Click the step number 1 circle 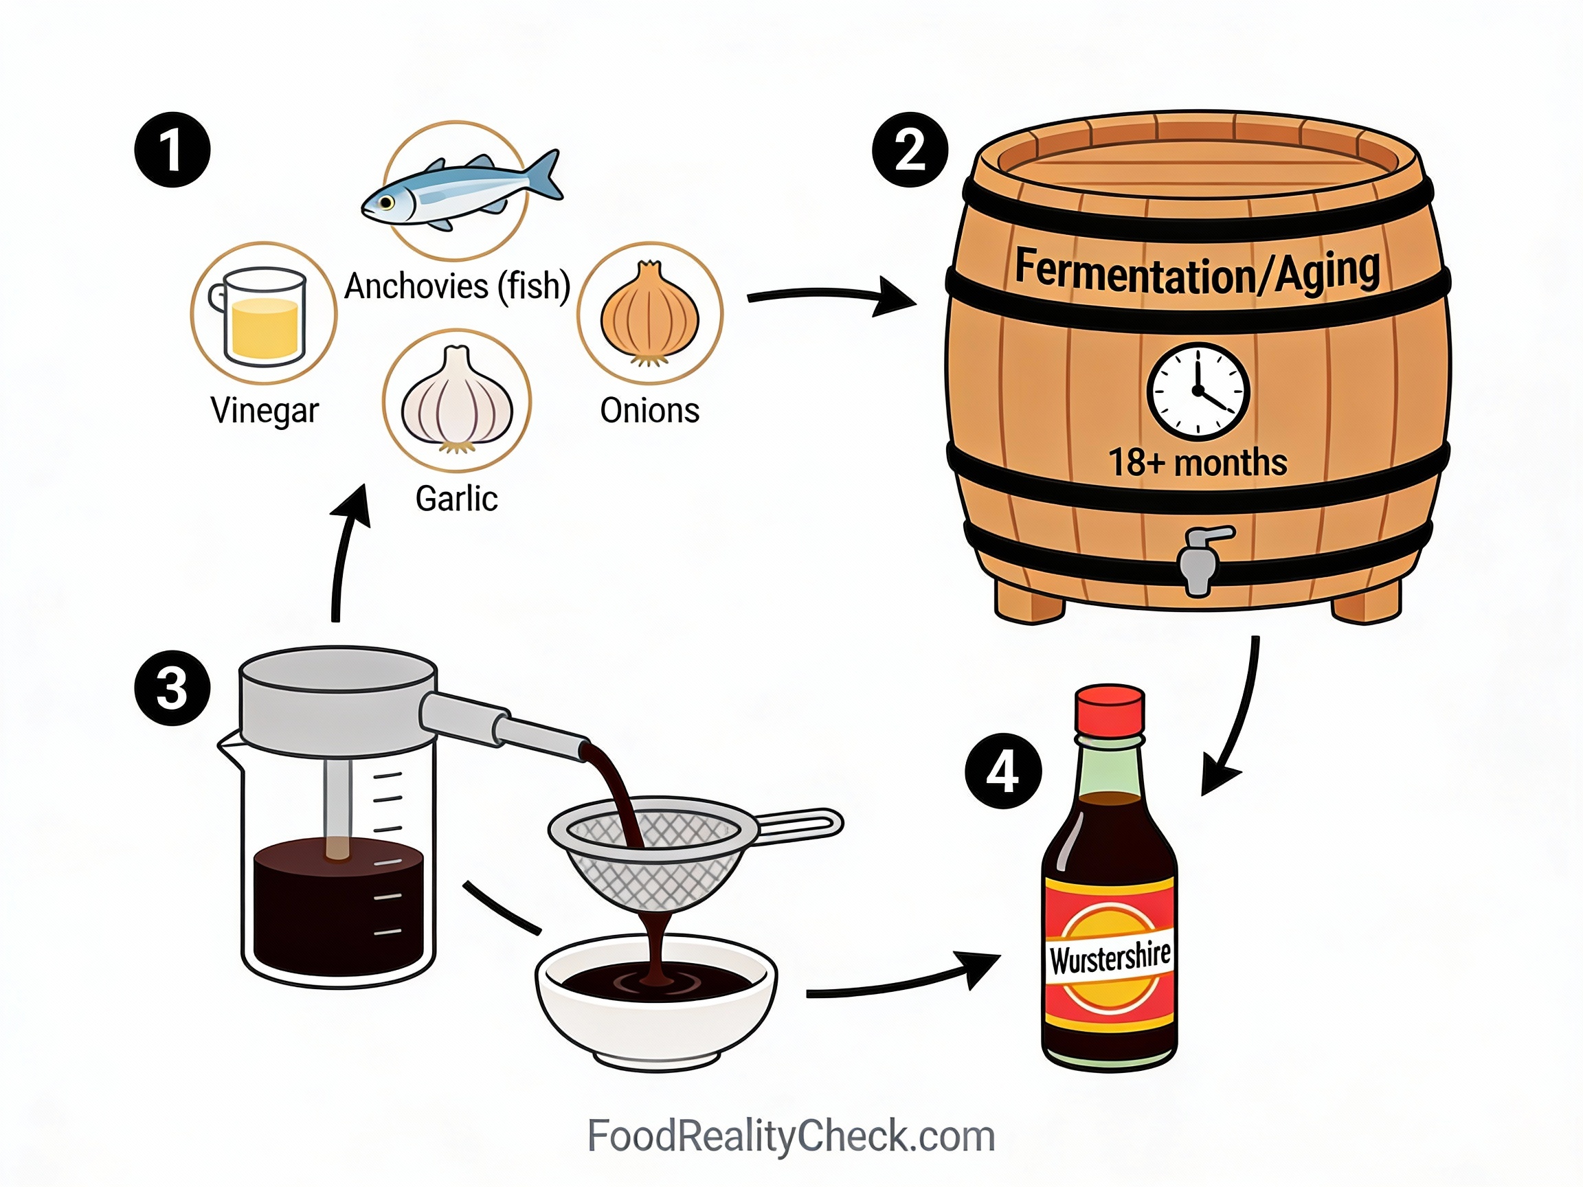pyautogui.click(x=172, y=150)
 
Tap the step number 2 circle pyautogui.click(x=910, y=150)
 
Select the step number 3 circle pyautogui.click(x=172, y=688)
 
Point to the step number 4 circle pyautogui.click(x=1002, y=771)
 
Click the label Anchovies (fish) pyautogui.click(x=457, y=286)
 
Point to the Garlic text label pyautogui.click(x=457, y=499)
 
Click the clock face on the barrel pyautogui.click(x=1198, y=392)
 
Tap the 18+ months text pyautogui.click(x=1198, y=462)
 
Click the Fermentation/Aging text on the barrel pyautogui.click(x=1198, y=272)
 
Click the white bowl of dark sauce pyautogui.click(x=655, y=1002)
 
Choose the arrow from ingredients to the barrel pyautogui.click(x=830, y=297)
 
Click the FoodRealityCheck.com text pyautogui.click(x=791, y=1136)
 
